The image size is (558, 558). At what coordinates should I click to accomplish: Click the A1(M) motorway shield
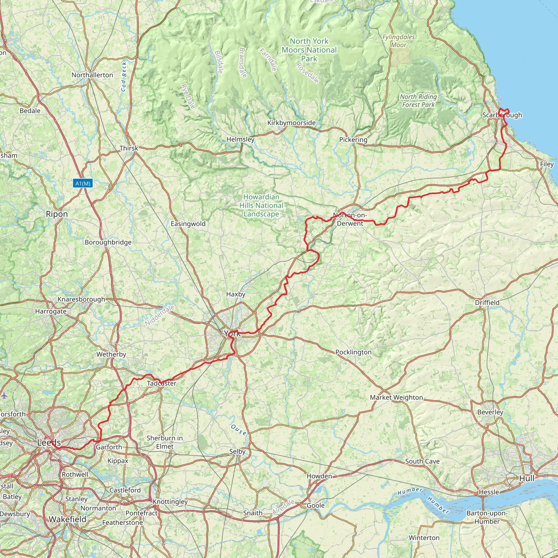pos(83,183)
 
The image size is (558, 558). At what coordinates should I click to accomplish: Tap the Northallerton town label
pos(92,75)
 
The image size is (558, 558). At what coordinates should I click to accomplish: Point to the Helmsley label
pos(240,139)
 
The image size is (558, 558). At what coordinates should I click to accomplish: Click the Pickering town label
pos(353,140)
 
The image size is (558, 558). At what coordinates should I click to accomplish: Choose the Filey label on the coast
pos(547,164)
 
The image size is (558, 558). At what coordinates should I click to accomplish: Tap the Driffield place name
pos(487,302)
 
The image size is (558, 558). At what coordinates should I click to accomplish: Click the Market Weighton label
pos(396,398)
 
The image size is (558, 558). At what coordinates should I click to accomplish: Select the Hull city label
pos(527,478)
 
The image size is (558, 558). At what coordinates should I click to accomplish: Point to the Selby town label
pos(237,451)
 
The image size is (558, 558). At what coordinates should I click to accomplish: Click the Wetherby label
pos(111,354)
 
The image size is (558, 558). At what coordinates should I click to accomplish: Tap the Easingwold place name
pos(188,224)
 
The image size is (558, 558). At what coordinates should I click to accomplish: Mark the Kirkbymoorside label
pos(292,123)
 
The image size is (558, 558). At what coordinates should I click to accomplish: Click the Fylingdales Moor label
pos(399,41)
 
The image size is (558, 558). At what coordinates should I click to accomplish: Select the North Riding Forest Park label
pos(418,101)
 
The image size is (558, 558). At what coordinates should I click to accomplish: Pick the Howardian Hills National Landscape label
pos(261,205)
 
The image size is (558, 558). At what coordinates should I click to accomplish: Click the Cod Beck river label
pos(124,77)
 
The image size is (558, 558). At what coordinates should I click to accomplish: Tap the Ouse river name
pos(239,430)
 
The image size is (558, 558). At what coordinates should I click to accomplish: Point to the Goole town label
pos(316,505)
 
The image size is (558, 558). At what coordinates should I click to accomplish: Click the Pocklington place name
pos(353,352)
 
